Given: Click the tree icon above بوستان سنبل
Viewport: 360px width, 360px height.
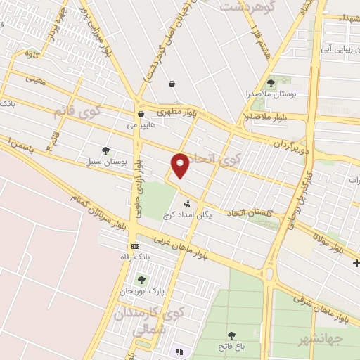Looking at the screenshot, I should click(105, 150).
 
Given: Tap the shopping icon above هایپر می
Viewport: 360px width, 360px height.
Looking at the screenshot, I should click(141, 114).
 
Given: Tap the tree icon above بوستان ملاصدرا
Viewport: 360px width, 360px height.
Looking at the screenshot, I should click(271, 82).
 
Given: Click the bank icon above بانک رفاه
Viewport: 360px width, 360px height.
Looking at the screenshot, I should click(135, 247).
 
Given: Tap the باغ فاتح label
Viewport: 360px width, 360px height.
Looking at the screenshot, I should click(231, 347).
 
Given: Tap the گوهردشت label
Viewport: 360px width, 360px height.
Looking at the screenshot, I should click(246, 6).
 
